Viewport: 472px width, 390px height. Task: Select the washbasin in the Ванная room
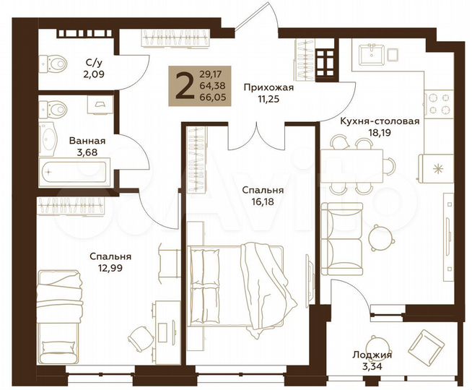[49, 137]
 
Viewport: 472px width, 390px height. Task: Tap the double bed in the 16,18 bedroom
[238, 278]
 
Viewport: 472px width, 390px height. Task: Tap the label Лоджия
[372, 355]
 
